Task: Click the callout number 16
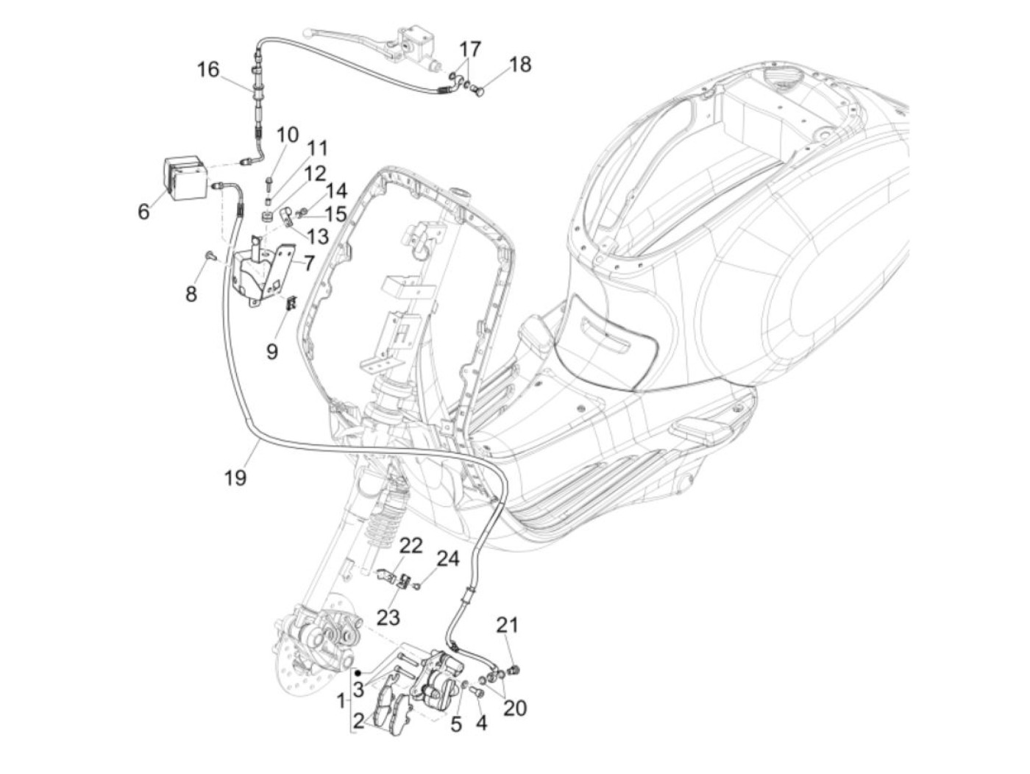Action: [x=208, y=70]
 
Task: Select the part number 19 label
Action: [x=235, y=477]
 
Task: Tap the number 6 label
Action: [x=143, y=211]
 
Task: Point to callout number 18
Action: [x=519, y=65]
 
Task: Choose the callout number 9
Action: [x=272, y=352]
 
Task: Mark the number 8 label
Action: [x=191, y=294]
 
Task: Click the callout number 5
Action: [x=456, y=724]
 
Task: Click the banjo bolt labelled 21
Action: [x=515, y=670]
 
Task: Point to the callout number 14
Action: [x=336, y=192]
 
